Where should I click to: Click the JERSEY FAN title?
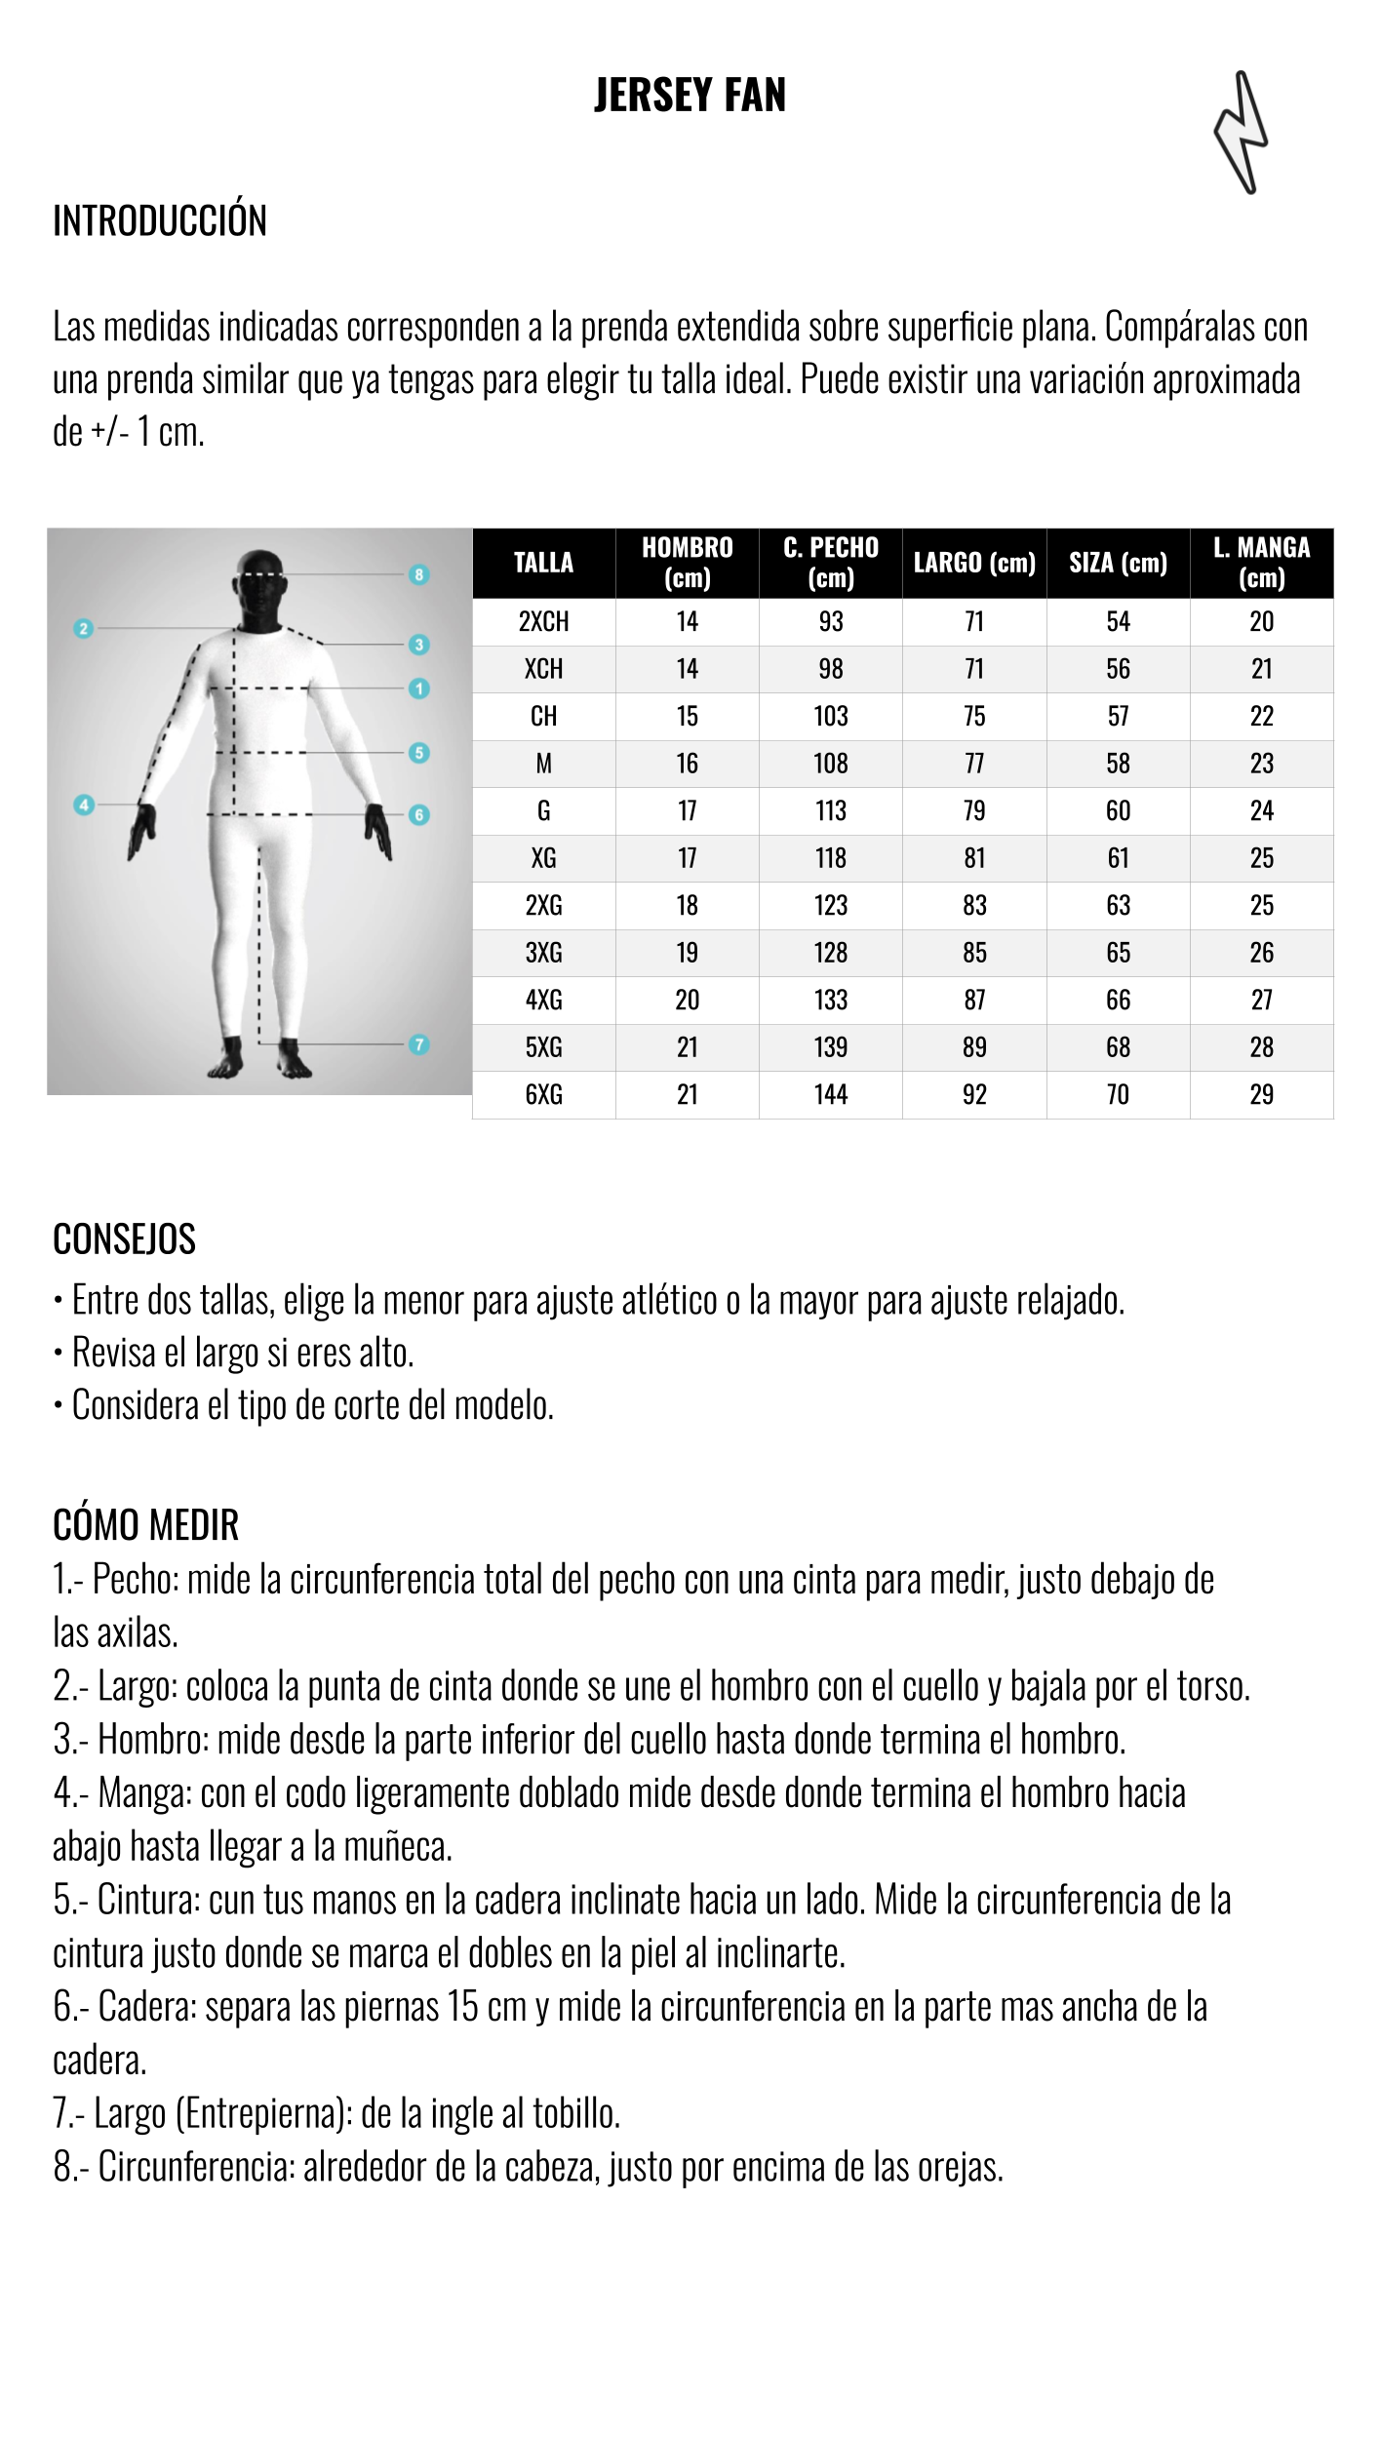pyautogui.click(x=690, y=96)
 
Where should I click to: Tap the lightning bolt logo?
pyautogui.click(x=1241, y=133)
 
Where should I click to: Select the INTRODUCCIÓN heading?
pyautogui.click(x=160, y=220)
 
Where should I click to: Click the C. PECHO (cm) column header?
pyautogui.click(x=831, y=563)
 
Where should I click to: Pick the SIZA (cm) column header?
pyautogui.click(x=1118, y=563)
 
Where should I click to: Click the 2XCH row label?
pyautogui.click(x=543, y=621)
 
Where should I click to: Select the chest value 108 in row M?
pyautogui.click(x=831, y=764)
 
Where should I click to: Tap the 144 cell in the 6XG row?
pyautogui.click(x=831, y=1094)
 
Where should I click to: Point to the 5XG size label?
pyautogui.click(x=543, y=1047)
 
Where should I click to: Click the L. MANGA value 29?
pyautogui.click(x=1261, y=1094)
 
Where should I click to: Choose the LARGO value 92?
pyautogui.click(x=974, y=1094)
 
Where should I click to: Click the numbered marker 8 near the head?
pyautogui.click(x=419, y=574)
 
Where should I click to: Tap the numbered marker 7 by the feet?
pyautogui.click(x=419, y=1044)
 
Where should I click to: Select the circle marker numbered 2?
pyautogui.click(x=84, y=629)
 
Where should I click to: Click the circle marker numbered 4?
pyautogui.click(x=84, y=805)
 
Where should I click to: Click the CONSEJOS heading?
pyautogui.click(x=125, y=1239)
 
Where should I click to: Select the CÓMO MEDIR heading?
pyautogui.click(x=146, y=1525)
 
